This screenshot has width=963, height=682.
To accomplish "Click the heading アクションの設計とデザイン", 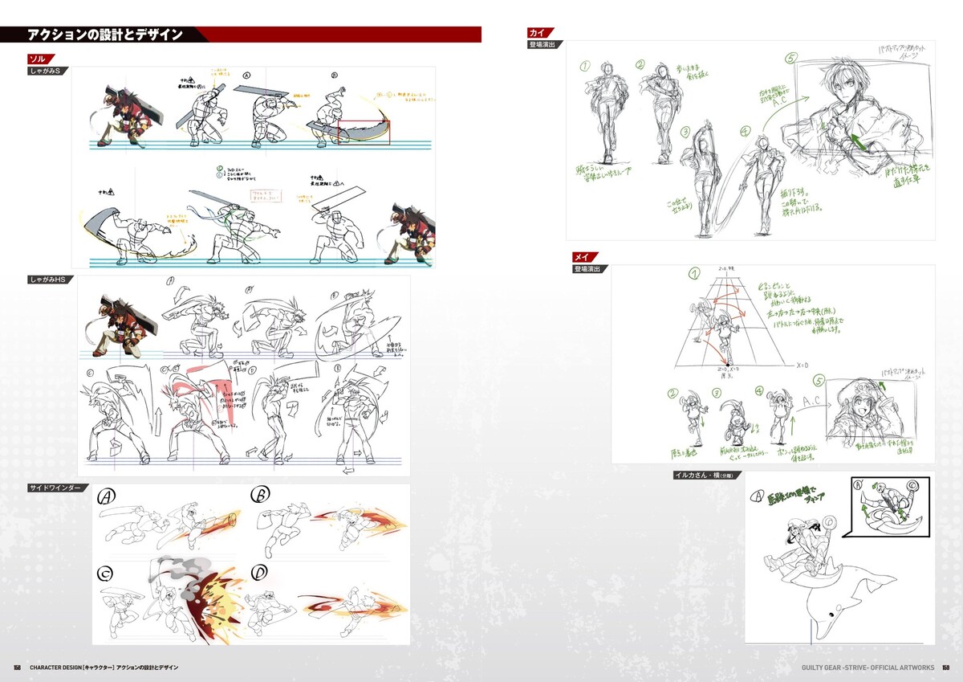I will (x=105, y=35).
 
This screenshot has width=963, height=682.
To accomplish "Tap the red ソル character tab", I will (x=38, y=59).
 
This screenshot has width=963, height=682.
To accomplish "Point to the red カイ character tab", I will (x=537, y=32).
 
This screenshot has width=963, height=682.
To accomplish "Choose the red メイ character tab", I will (x=582, y=257).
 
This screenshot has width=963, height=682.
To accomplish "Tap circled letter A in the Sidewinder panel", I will (x=105, y=498).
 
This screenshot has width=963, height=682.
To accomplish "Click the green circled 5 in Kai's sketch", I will (x=791, y=59).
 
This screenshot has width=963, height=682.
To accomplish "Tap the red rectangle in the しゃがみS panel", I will (x=364, y=135).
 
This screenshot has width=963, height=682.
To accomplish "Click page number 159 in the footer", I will (x=946, y=668).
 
